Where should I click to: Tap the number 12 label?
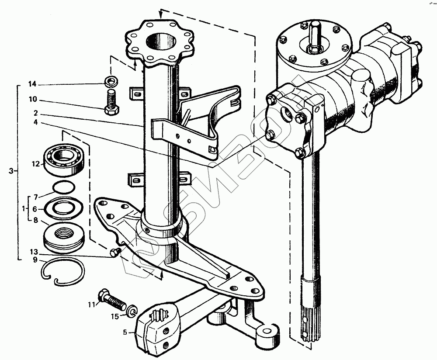36,164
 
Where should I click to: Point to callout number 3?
11,171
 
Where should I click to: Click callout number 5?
125,332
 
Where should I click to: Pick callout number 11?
91,305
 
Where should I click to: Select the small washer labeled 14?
110,81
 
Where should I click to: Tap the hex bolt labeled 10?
111,103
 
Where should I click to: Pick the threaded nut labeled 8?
64,236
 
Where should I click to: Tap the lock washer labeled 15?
132,311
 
